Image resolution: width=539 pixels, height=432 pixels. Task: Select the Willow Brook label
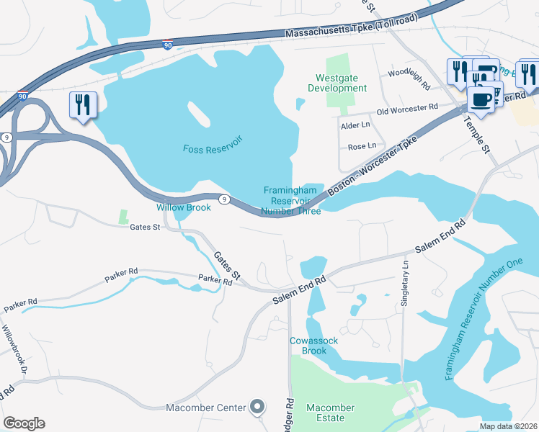(x=184, y=207)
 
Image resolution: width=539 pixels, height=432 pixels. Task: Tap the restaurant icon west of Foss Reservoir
(x=84, y=105)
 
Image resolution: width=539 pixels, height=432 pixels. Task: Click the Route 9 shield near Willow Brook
(x=225, y=199)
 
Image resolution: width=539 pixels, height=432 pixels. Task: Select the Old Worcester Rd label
(x=408, y=109)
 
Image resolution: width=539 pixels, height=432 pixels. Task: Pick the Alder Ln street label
(x=353, y=125)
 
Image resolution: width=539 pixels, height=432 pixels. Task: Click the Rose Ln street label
(x=362, y=145)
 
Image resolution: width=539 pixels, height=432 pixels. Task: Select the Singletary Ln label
(x=405, y=283)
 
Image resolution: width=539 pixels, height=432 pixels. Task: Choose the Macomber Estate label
(x=330, y=413)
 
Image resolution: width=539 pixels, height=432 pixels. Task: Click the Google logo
(x=24, y=423)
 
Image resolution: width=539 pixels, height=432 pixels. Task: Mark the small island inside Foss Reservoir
(x=197, y=113)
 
